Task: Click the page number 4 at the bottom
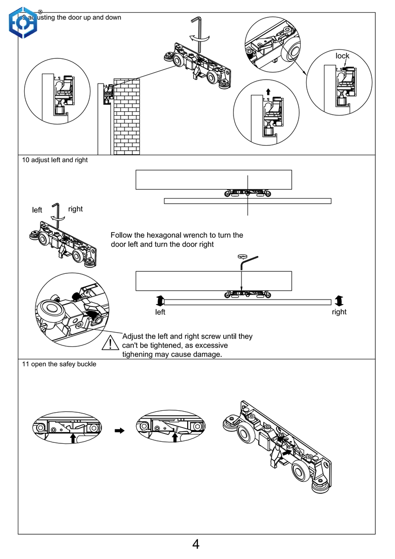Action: coord(196,545)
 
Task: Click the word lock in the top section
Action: coord(342,56)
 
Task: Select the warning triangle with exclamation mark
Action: coord(109,343)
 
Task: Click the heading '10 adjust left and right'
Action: coord(55,160)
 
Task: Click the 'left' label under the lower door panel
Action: coord(160,312)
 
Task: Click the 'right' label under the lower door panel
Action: coord(339,312)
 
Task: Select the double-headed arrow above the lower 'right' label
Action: coord(339,300)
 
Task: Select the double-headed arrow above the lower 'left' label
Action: coord(159,300)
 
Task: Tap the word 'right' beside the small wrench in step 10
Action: coord(76,209)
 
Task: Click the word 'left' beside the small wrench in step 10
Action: coord(37,210)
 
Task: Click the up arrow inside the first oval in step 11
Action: coord(73,437)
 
